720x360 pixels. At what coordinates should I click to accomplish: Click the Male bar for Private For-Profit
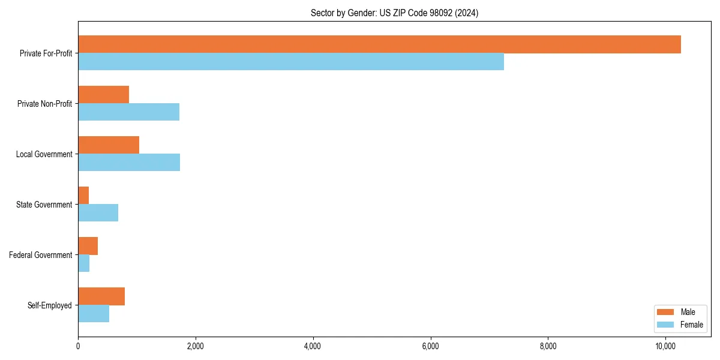[x=379, y=44]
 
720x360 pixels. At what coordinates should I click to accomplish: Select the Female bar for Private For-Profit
[x=291, y=62]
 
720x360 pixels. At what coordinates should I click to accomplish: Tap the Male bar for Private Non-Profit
[x=103, y=95]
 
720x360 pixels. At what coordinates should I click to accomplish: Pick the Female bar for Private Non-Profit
[x=128, y=112]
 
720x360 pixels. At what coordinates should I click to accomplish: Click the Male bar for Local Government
[x=109, y=145]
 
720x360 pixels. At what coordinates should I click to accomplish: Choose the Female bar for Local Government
[x=129, y=163]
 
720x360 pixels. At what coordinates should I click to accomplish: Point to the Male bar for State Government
[x=83, y=196]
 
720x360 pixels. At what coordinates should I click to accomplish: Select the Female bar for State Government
[x=98, y=213]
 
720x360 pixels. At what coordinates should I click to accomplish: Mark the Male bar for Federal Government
[x=88, y=246]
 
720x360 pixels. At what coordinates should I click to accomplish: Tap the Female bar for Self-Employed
[x=94, y=314]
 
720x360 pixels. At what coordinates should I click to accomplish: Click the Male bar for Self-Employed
[x=101, y=296]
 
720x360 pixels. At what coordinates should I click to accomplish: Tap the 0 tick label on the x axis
[x=78, y=346]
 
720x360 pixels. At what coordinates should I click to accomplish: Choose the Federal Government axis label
[x=41, y=255]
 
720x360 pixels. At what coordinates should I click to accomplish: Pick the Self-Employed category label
[x=50, y=305]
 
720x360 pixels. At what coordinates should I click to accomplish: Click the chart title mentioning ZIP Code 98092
[x=394, y=13]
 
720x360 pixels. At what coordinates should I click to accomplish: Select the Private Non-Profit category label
[x=44, y=104]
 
